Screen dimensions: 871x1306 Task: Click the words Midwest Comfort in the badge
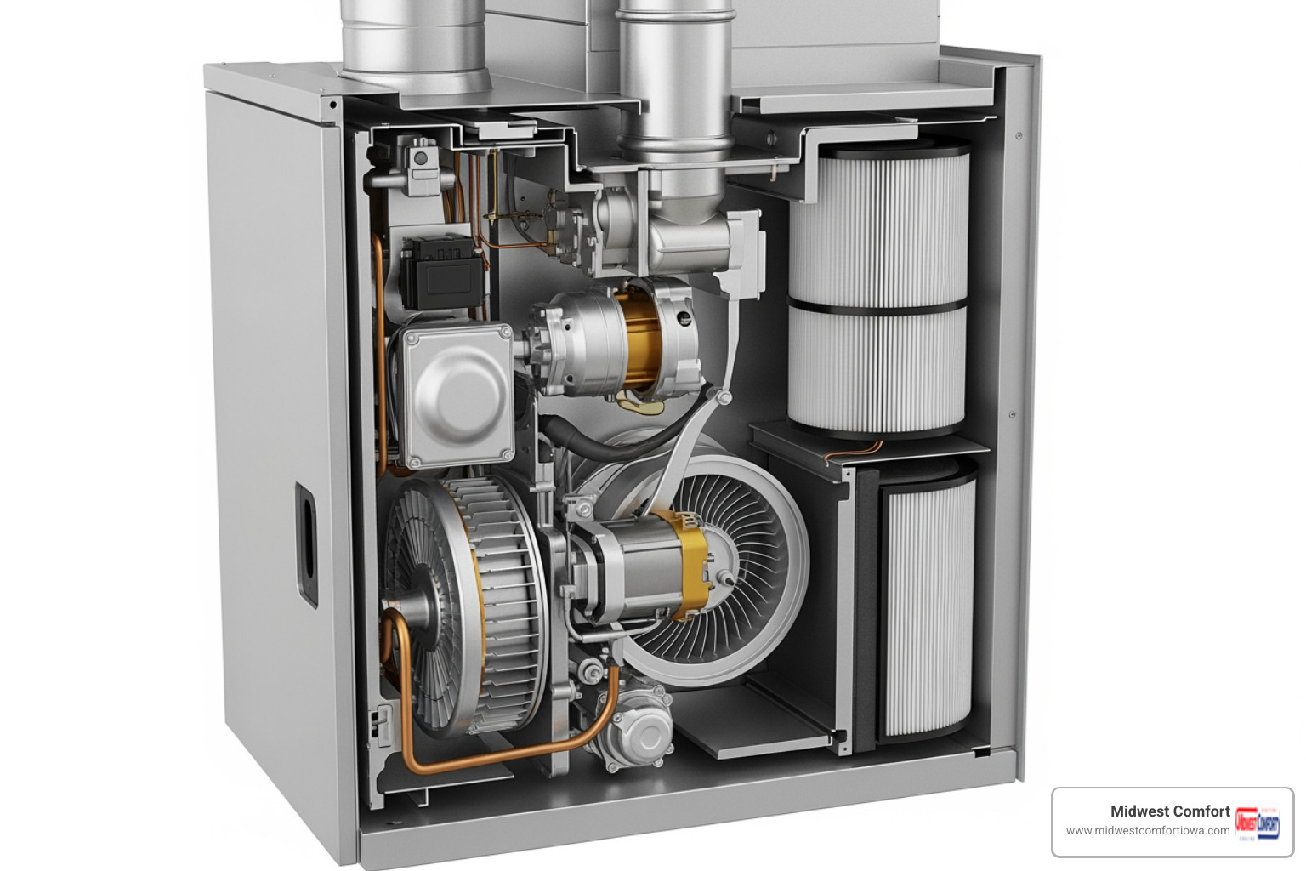tap(1169, 811)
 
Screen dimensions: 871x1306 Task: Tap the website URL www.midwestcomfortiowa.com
tap(1147, 831)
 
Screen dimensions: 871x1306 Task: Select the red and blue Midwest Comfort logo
tap(1257, 823)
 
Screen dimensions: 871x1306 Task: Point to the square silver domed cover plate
tap(458, 396)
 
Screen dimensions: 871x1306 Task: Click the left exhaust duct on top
tap(415, 43)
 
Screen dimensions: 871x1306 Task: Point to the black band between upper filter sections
tap(877, 303)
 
